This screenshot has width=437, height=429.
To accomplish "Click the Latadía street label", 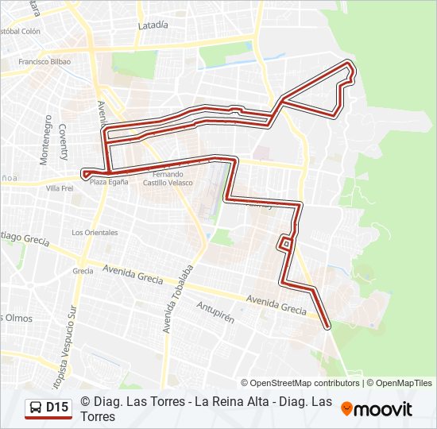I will point(153,25).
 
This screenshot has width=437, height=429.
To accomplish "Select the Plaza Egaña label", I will point(109,182).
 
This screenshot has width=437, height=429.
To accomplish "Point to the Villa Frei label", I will point(60,188).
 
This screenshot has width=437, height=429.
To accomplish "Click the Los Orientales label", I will point(95,233).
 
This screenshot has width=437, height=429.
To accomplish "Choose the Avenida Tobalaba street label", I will point(179,298).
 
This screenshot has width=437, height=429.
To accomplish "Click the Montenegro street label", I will point(45,143).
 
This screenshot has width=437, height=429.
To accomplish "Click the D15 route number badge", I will point(57,408).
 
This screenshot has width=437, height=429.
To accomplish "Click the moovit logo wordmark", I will point(383,410).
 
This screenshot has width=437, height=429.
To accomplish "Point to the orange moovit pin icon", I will point(346,409).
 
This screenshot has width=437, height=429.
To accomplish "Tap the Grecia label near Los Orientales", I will point(83,271).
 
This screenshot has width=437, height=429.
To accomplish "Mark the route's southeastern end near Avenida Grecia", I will point(327,323).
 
